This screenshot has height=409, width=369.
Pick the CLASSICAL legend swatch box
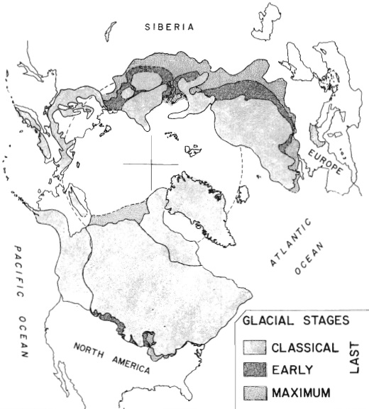click(x=253, y=347)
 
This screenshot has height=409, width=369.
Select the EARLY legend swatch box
click(x=253, y=369)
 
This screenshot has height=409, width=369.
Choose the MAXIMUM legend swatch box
click(x=253, y=391)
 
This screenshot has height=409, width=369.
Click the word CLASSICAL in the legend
click(x=304, y=347)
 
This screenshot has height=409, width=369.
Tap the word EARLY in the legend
click(x=290, y=369)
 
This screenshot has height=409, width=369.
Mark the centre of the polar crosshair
click(x=151, y=163)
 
